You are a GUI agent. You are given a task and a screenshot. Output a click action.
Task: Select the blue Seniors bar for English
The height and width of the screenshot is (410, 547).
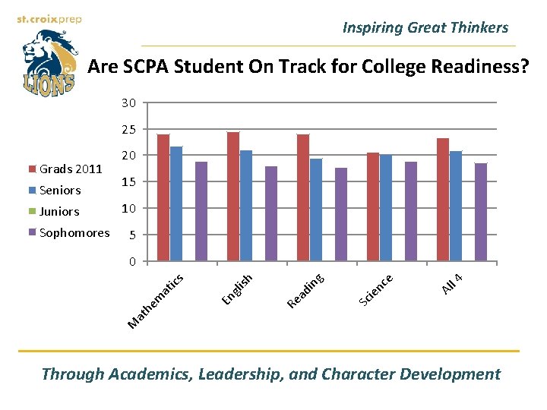[x=246, y=206]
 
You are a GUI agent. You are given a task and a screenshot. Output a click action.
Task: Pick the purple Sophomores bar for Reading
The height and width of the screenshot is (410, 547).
[x=341, y=215]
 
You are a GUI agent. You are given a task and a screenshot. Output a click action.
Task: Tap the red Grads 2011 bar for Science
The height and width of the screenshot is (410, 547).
[x=373, y=207]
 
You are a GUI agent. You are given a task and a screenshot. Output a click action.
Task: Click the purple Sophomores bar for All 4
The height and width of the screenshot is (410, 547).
[x=481, y=213]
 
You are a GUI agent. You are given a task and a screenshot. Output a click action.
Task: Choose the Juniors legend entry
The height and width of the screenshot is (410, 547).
[x=59, y=211]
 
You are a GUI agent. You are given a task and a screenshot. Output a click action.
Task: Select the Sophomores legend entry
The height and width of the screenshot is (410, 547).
[x=74, y=232]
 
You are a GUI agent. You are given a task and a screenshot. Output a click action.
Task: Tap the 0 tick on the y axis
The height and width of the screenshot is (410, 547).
[x=131, y=262]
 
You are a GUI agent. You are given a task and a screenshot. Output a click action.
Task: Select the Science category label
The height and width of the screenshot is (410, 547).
[x=375, y=291]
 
